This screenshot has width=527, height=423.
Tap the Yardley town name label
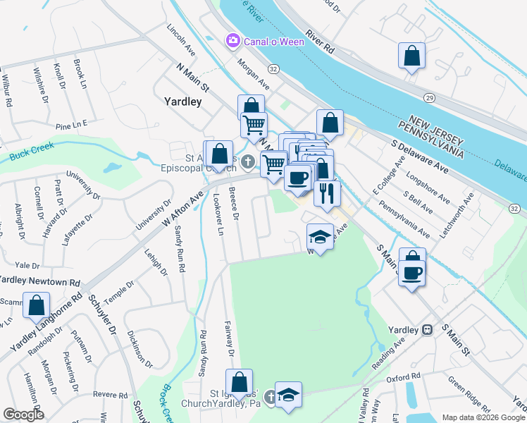[182, 102]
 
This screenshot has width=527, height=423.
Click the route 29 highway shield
[428, 96]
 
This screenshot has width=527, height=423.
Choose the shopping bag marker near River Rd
[411, 56]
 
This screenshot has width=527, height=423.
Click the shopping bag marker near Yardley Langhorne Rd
[36, 305]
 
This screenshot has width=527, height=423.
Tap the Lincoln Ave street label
[181, 42]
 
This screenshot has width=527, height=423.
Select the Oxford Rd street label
[403, 378]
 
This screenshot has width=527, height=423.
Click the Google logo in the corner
[23, 414]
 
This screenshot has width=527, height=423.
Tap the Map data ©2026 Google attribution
[483, 417]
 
